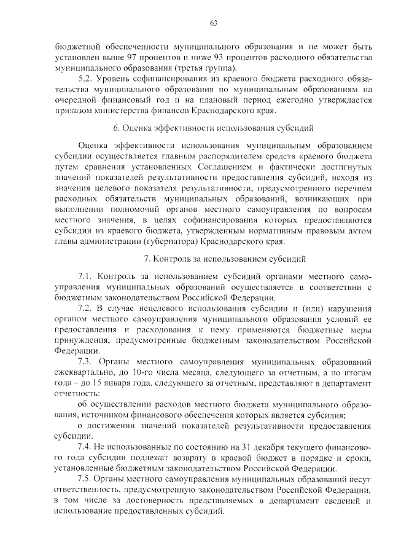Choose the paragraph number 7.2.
point(85,307)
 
